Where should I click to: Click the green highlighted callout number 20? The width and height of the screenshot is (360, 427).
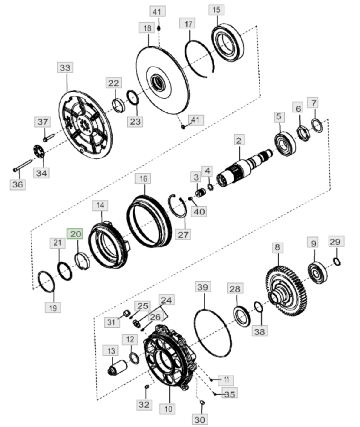(x=75, y=234)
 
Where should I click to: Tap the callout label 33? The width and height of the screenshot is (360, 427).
(x=65, y=67)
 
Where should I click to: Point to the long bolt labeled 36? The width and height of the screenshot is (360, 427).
(x=22, y=165)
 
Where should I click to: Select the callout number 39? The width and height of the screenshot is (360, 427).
(x=203, y=287)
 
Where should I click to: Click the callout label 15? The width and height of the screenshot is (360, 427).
(x=216, y=10)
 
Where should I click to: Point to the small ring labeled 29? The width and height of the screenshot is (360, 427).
(x=337, y=262)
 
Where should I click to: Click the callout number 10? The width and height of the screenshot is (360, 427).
(x=167, y=409)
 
